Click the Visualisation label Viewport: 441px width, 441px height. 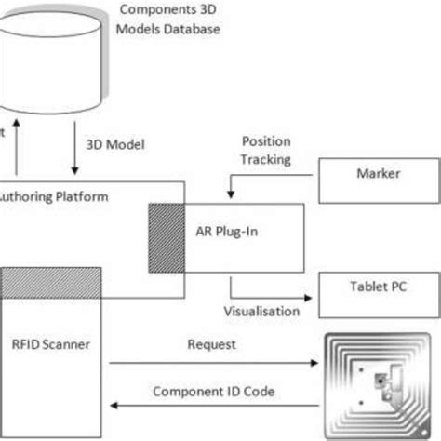262,311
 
